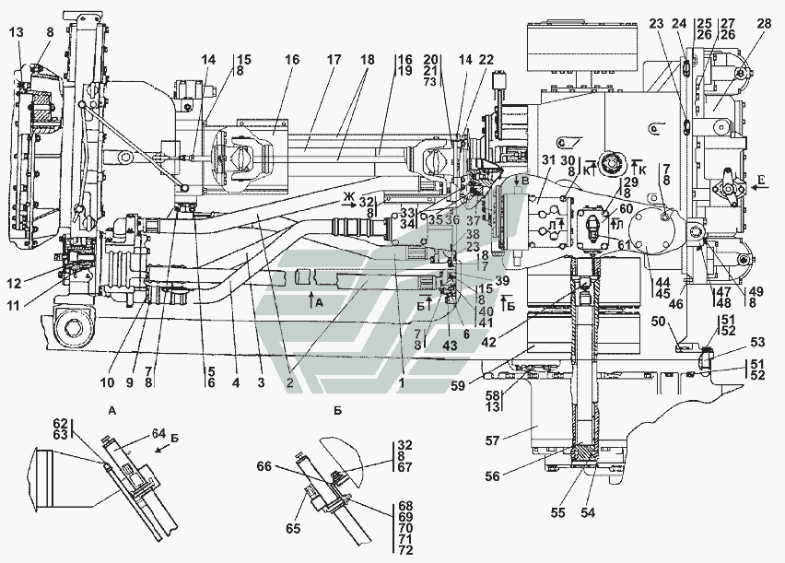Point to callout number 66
click(265, 467)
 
